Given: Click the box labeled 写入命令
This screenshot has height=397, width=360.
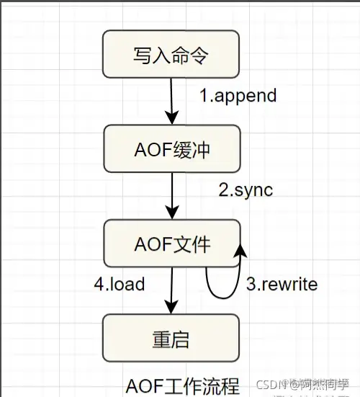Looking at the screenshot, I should pyautogui.click(x=172, y=55).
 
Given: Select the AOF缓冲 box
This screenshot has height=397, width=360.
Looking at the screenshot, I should pyautogui.click(x=172, y=150).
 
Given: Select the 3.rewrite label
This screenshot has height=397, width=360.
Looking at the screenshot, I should pyautogui.click(x=282, y=284).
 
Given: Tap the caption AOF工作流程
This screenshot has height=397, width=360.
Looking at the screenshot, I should pyautogui.click(x=182, y=385).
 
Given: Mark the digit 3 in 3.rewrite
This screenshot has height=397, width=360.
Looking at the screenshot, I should pyautogui.click(x=251, y=284).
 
